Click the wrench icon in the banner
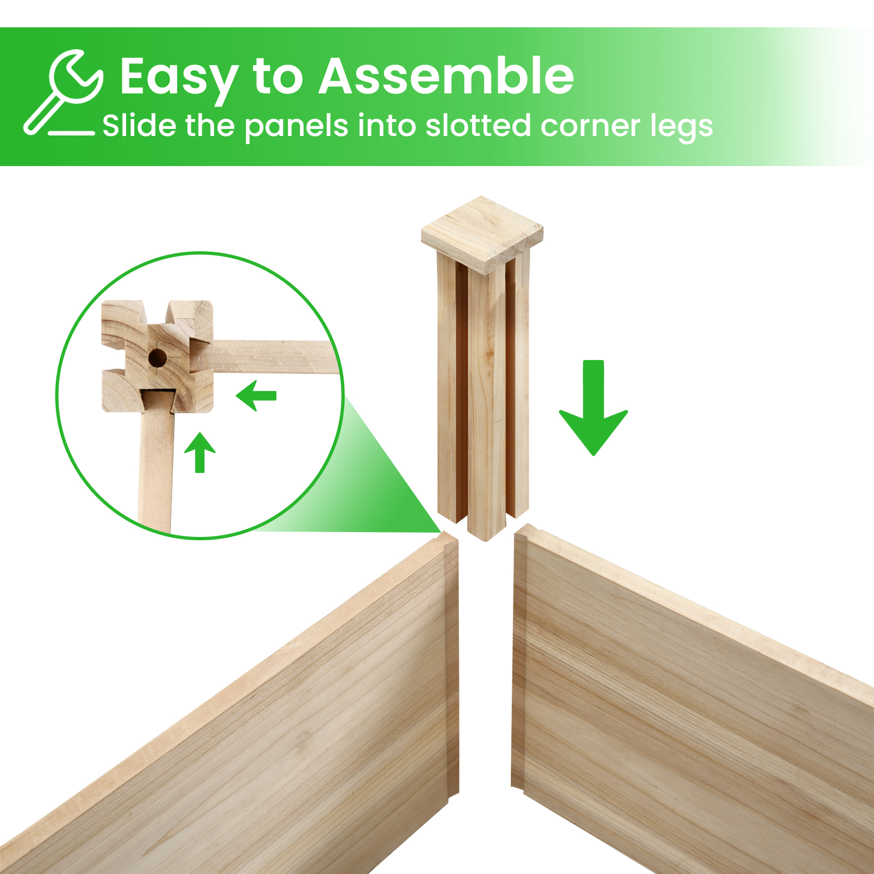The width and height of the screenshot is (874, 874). click(x=63, y=92)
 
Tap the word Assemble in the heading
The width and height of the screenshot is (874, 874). click(x=446, y=76)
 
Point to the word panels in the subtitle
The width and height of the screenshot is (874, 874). click(x=296, y=127)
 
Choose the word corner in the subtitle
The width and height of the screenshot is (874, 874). click(x=590, y=127)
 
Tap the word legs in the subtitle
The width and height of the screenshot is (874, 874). click(x=681, y=127)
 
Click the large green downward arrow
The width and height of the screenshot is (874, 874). click(x=593, y=408)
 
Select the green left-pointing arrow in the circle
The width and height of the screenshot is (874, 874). click(x=256, y=395)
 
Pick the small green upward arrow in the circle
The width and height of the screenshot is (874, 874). click(x=200, y=452)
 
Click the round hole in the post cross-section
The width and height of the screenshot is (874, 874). click(x=157, y=358)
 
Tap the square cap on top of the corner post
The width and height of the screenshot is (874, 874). click(x=482, y=234)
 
